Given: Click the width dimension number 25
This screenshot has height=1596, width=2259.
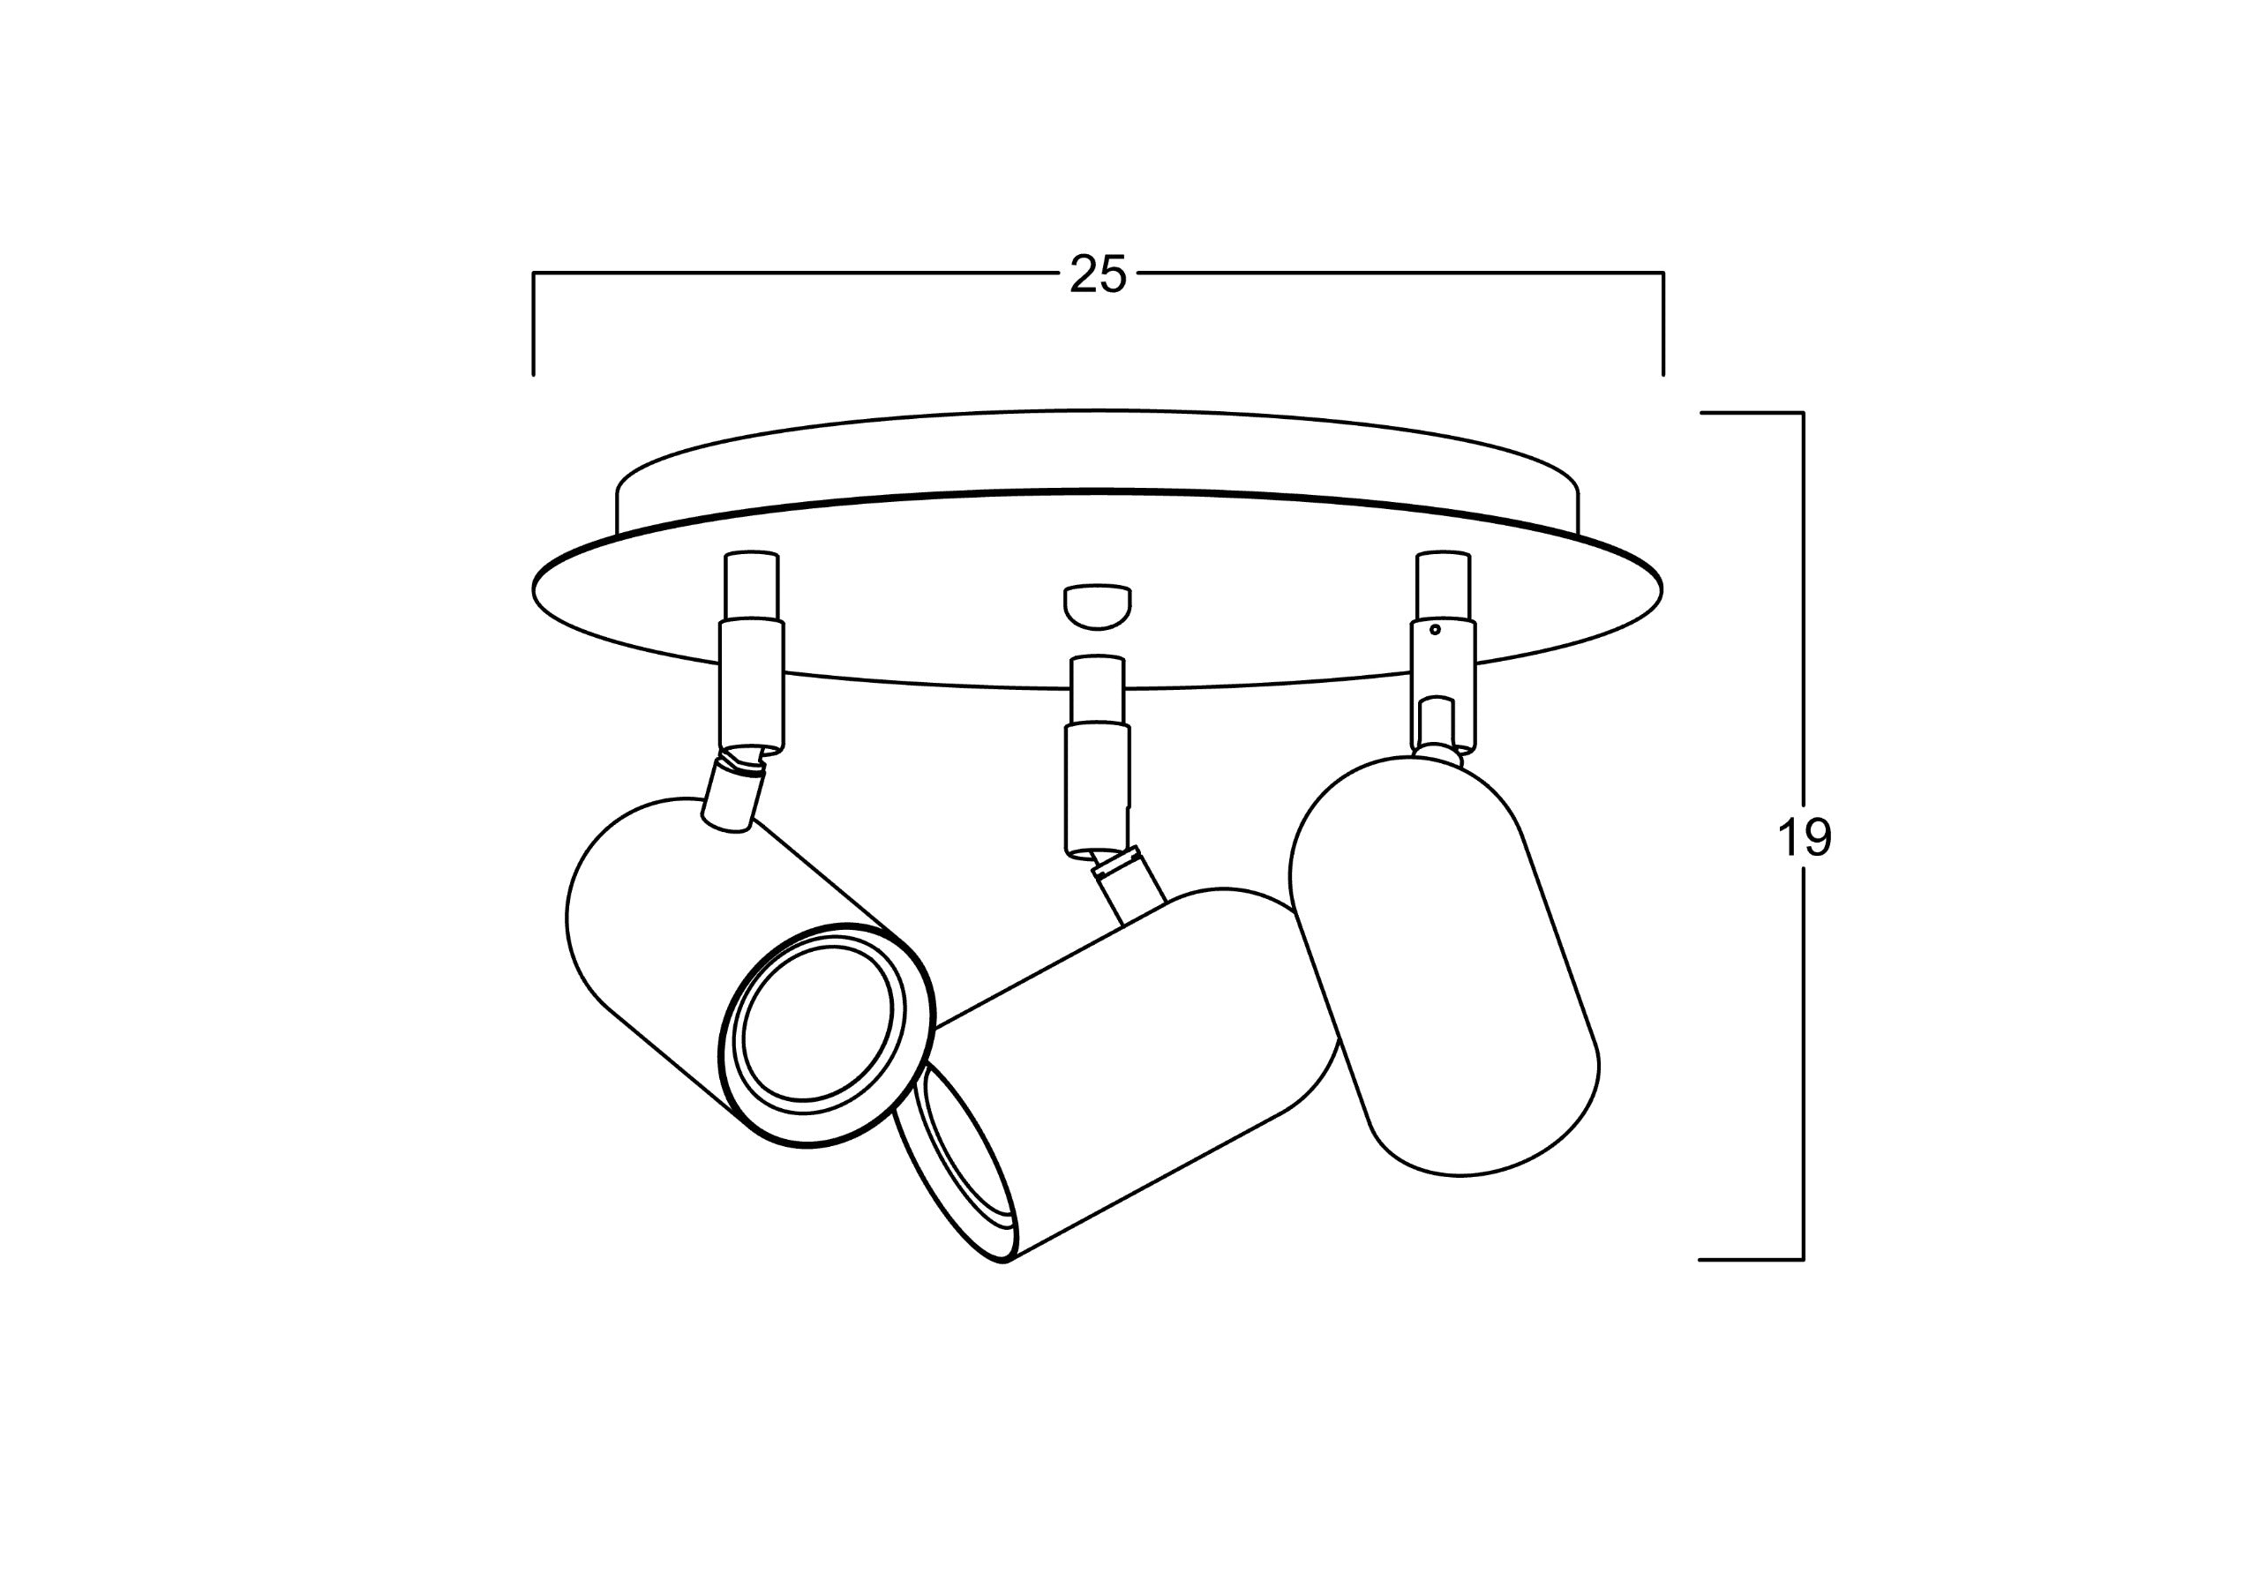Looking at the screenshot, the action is [x=1097, y=274].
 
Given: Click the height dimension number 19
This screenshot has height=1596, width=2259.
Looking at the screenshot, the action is [x=1804, y=838].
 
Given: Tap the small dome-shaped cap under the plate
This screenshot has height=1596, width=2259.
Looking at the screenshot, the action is [x=1097, y=607].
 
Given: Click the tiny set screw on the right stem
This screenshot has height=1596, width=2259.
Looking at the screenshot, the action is [x=1435, y=629].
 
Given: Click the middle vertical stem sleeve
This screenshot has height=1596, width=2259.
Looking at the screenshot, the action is [x=1097, y=753].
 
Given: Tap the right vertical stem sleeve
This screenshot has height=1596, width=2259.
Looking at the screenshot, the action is [x=1444, y=649].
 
